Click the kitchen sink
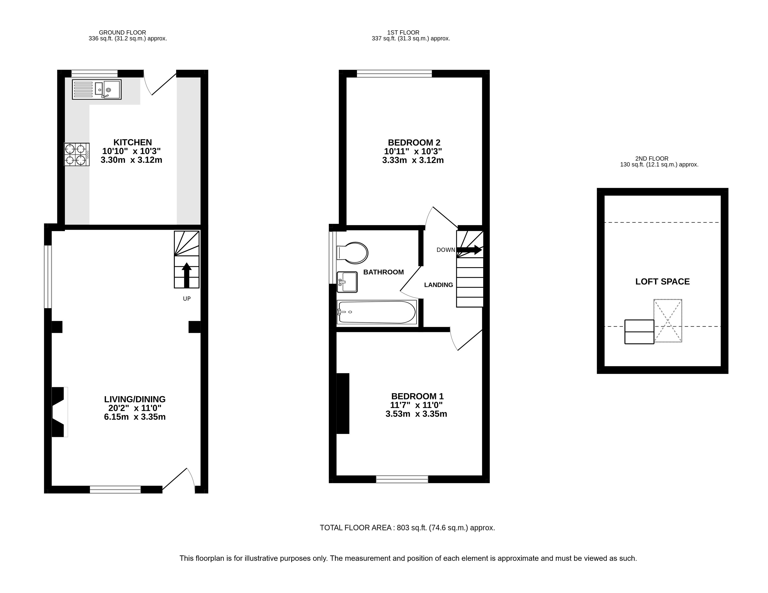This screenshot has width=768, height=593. tap(97, 89)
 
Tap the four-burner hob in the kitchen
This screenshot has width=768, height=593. tap(77, 154)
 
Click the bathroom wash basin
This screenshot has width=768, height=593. tap(347, 282)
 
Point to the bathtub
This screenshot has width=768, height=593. tap(377, 312)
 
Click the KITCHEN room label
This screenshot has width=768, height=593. tap(133, 142)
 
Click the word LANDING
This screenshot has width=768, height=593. tap(438, 285)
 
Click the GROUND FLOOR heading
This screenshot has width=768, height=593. tap(122, 32)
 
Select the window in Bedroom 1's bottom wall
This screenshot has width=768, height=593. tap(402, 479)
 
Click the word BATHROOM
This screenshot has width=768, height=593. tap(383, 272)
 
